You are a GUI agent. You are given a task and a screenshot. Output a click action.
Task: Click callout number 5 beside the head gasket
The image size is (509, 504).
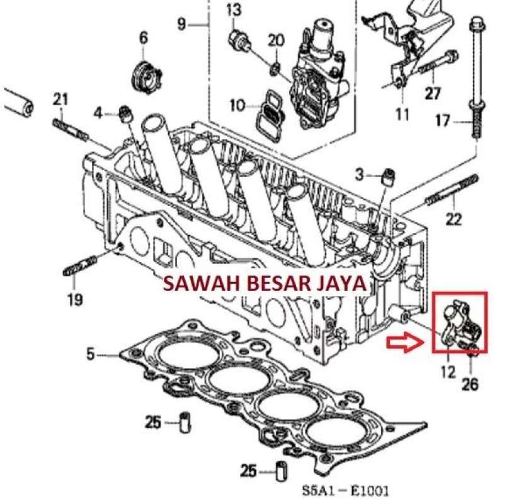tap(91, 355)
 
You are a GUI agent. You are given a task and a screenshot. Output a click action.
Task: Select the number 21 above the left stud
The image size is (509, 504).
tap(60, 98)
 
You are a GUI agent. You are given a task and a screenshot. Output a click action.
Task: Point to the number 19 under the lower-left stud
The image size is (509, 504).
tap(74, 299)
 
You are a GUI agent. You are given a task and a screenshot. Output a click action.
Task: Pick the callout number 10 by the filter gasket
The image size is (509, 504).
tap(237, 106)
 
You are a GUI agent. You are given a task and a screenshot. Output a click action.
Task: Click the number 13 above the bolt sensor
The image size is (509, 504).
tap(234, 11)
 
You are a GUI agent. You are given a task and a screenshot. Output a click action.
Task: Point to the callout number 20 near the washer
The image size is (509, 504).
tap(276, 41)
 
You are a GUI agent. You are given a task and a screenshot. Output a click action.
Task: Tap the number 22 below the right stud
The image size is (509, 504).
tap(454, 219)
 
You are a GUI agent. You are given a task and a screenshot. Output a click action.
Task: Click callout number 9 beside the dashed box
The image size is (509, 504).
tap(182, 25)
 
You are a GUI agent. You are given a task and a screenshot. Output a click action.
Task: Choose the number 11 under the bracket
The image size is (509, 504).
tap(403, 114)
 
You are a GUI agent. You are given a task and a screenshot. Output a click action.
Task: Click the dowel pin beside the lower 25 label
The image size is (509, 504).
tap(282, 471)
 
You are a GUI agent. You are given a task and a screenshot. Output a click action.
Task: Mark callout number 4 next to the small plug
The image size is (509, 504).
tap(98, 113)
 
